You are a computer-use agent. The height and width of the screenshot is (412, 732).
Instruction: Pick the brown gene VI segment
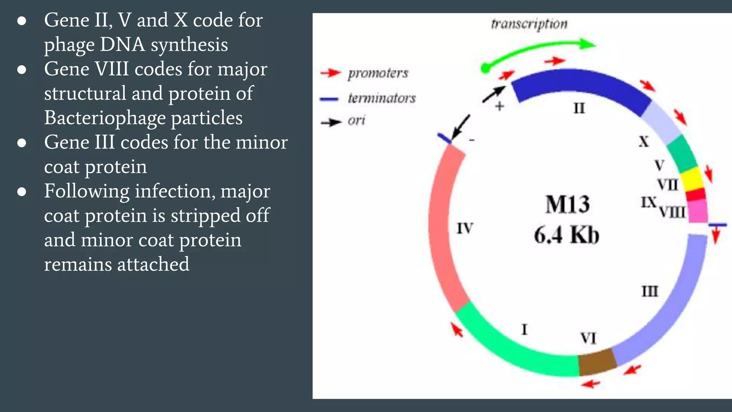click(597, 362)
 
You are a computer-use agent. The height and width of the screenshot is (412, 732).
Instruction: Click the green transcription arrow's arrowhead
click(588, 44)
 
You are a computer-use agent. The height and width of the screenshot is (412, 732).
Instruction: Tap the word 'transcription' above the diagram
click(529, 24)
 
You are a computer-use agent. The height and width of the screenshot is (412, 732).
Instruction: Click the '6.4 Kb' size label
click(567, 235)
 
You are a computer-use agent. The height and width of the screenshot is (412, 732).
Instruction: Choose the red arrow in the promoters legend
click(330, 73)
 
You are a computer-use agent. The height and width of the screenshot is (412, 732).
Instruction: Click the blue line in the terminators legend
click(329, 99)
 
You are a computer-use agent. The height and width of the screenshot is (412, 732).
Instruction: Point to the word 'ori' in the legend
click(356, 121)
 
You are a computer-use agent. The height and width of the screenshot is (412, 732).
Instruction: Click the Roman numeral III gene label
click(650, 291)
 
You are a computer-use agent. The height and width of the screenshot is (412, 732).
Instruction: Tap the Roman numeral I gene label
click(524, 329)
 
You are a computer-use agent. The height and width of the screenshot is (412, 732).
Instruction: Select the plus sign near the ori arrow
click(500, 106)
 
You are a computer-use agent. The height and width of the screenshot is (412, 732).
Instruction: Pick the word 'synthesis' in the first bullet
click(189, 45)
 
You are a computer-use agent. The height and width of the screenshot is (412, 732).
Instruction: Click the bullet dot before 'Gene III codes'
click(22, 143)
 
